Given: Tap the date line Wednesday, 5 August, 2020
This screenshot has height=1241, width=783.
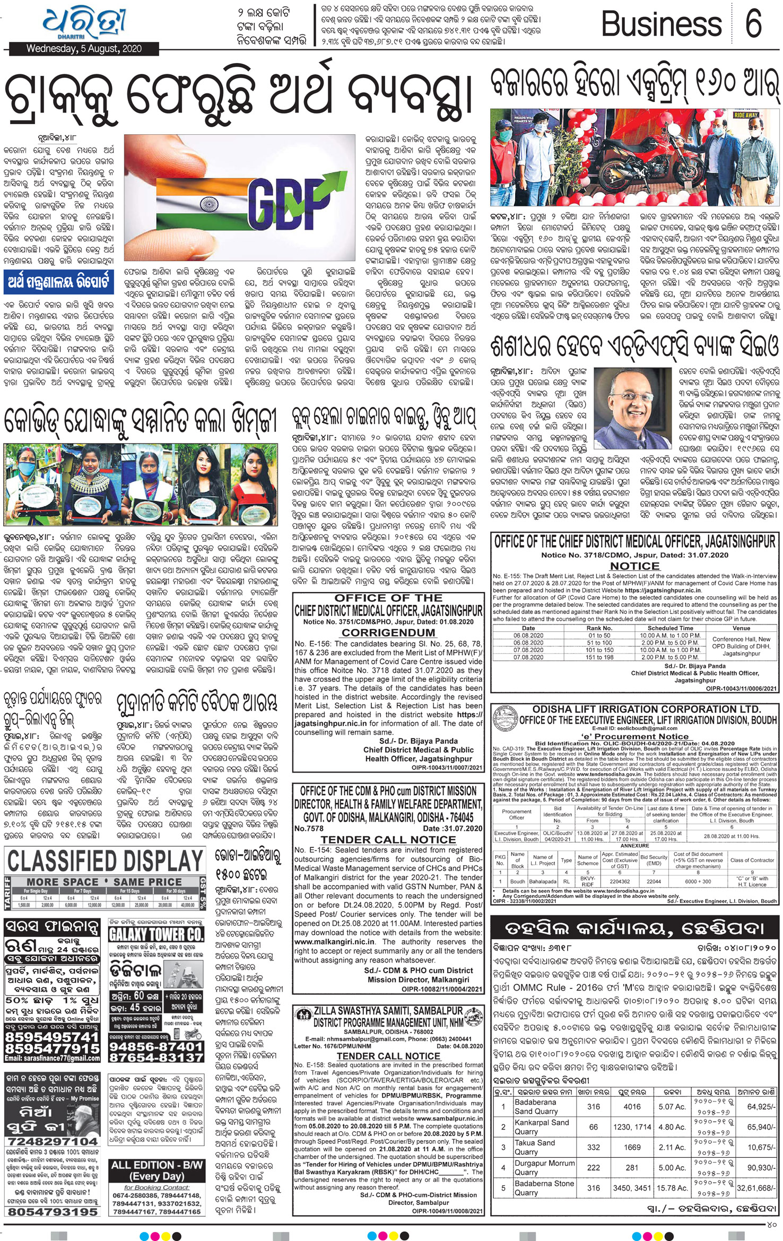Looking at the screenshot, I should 84,49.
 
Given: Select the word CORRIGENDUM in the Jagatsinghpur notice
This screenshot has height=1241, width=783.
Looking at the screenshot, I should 388,632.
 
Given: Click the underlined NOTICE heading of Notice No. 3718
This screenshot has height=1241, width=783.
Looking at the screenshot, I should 634,566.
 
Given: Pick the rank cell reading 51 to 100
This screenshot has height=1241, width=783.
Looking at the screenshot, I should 599,643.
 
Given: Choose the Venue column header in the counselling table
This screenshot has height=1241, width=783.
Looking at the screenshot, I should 741,628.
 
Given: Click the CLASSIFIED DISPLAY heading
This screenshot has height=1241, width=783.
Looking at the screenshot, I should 106,861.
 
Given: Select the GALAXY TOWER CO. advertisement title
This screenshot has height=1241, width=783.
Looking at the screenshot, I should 155,934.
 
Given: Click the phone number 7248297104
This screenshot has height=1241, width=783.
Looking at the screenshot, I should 52,1141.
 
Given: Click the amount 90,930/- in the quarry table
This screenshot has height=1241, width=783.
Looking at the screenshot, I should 761,1168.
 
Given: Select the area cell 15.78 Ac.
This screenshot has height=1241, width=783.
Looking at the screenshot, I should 671,1188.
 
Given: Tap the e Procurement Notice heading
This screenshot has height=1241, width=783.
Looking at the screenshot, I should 634,736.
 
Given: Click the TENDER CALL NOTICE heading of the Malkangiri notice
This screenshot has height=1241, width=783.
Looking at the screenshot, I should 388,839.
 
